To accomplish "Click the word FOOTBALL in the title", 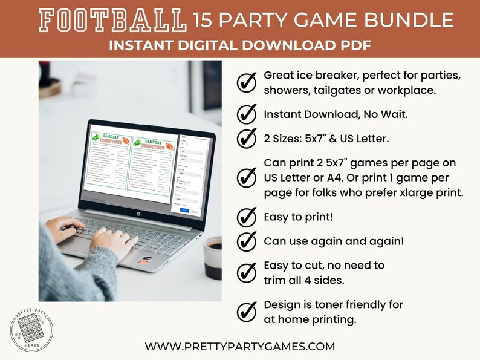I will (x=112, y=21).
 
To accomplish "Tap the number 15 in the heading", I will (x=203, y=20).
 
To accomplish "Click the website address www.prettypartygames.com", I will (x=240, y=347).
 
